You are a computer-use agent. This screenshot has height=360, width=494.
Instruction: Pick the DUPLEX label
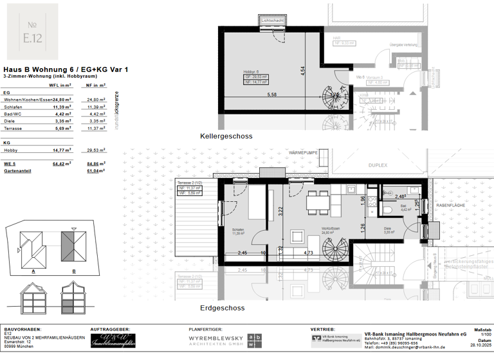[x=378, y=165]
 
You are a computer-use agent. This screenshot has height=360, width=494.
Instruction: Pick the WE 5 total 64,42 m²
[x=60, y=165]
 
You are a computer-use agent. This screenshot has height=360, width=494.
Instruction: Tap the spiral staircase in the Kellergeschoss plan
[x=335, y=96]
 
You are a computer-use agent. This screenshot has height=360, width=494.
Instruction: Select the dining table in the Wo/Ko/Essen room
[x=316, y=202]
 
